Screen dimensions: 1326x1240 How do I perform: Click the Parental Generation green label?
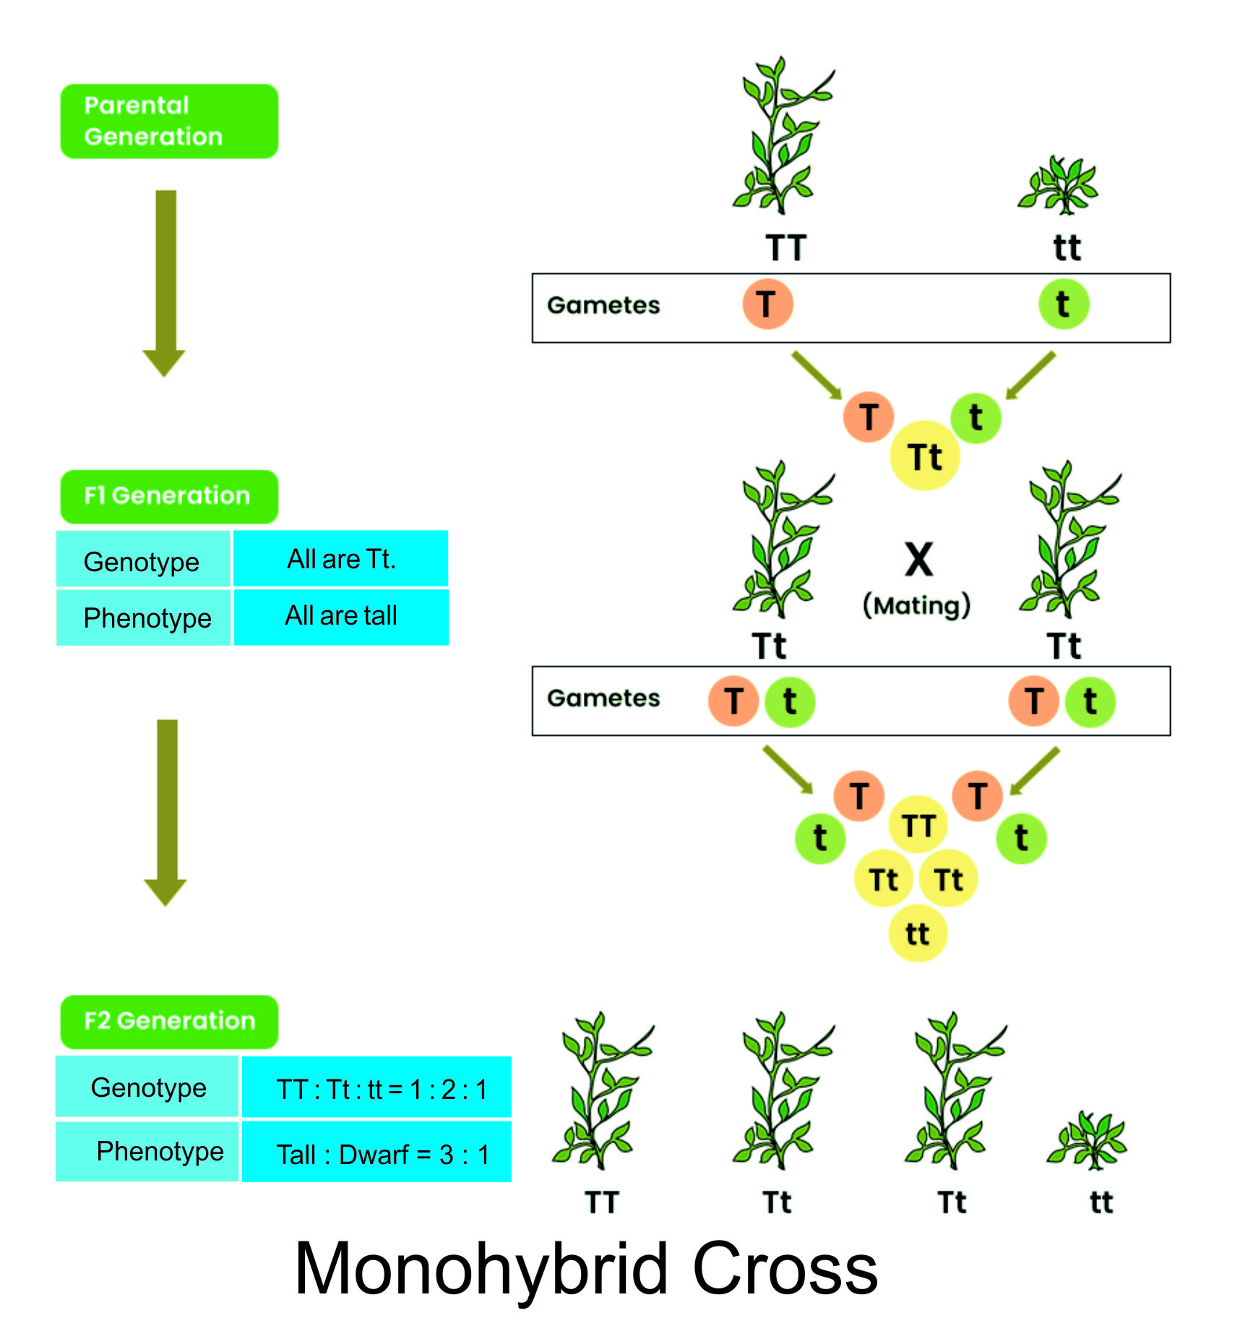click(x=169, y=121)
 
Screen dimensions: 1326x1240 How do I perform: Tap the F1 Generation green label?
click(x=169, y=496)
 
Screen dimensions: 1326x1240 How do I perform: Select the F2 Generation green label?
click(x=169, y=1021)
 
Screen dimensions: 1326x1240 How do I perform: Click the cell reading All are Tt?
click(x=341, y=559)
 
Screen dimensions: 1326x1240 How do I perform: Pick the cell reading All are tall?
click(x=341, y=616)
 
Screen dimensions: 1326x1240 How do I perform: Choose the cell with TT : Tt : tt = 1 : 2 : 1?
click(x=376, y=1087)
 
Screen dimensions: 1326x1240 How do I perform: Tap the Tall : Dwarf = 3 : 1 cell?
click(x=376, y=1153)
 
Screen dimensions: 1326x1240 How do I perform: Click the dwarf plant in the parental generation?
click(x=1058, y=187)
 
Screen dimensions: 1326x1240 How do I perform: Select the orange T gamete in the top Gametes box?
click(x=767, y=304)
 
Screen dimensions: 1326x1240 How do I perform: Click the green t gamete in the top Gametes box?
click(x=1063, y=304)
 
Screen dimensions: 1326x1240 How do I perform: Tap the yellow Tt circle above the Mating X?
click(x=925, y=456)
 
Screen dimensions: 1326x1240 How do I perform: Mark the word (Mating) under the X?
click(x=917, y=605)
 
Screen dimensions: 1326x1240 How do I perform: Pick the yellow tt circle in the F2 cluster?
click(x=917, y=933)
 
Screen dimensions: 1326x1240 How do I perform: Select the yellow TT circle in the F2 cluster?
click(x=918, y=825)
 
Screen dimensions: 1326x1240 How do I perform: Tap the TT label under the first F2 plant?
click(x=601, y=1202)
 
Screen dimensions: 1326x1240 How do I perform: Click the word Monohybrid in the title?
click(x=481, y=1269)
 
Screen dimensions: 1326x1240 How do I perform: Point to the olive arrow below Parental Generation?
click(x=165, y=282)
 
